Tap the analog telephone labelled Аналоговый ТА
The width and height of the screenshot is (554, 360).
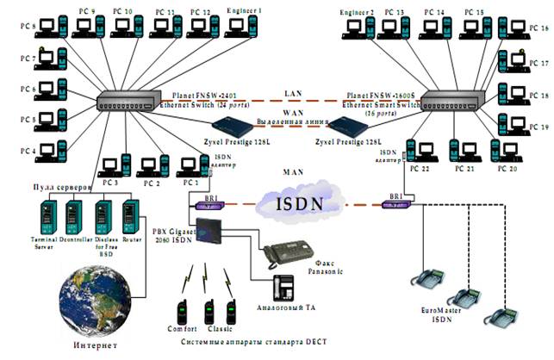point(284,288)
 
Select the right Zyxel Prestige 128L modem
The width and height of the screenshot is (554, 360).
point(347,129)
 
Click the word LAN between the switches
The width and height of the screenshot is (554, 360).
point(289,91)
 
